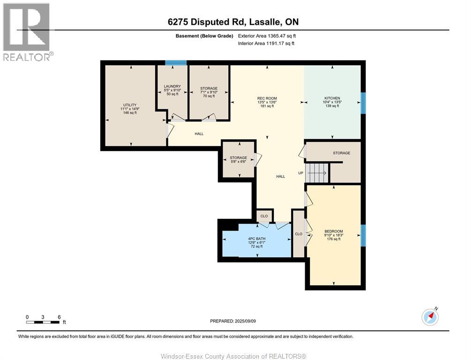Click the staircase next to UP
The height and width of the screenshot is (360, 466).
click(x=317, y=173)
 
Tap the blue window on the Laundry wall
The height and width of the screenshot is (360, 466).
click(x=176, y=63)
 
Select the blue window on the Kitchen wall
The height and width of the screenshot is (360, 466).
click(x=363, y=103)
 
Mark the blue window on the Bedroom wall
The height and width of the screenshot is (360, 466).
click(x=363, y=235)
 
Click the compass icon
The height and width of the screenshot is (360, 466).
click(x=430, y=317)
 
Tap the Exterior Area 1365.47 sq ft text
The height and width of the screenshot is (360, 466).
click(x=267, y=36)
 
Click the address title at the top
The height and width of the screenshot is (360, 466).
click(x=233, y=22)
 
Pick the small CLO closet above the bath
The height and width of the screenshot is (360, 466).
click(x=264, y=216)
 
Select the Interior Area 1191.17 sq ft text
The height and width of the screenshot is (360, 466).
click(x=266, y=44)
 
